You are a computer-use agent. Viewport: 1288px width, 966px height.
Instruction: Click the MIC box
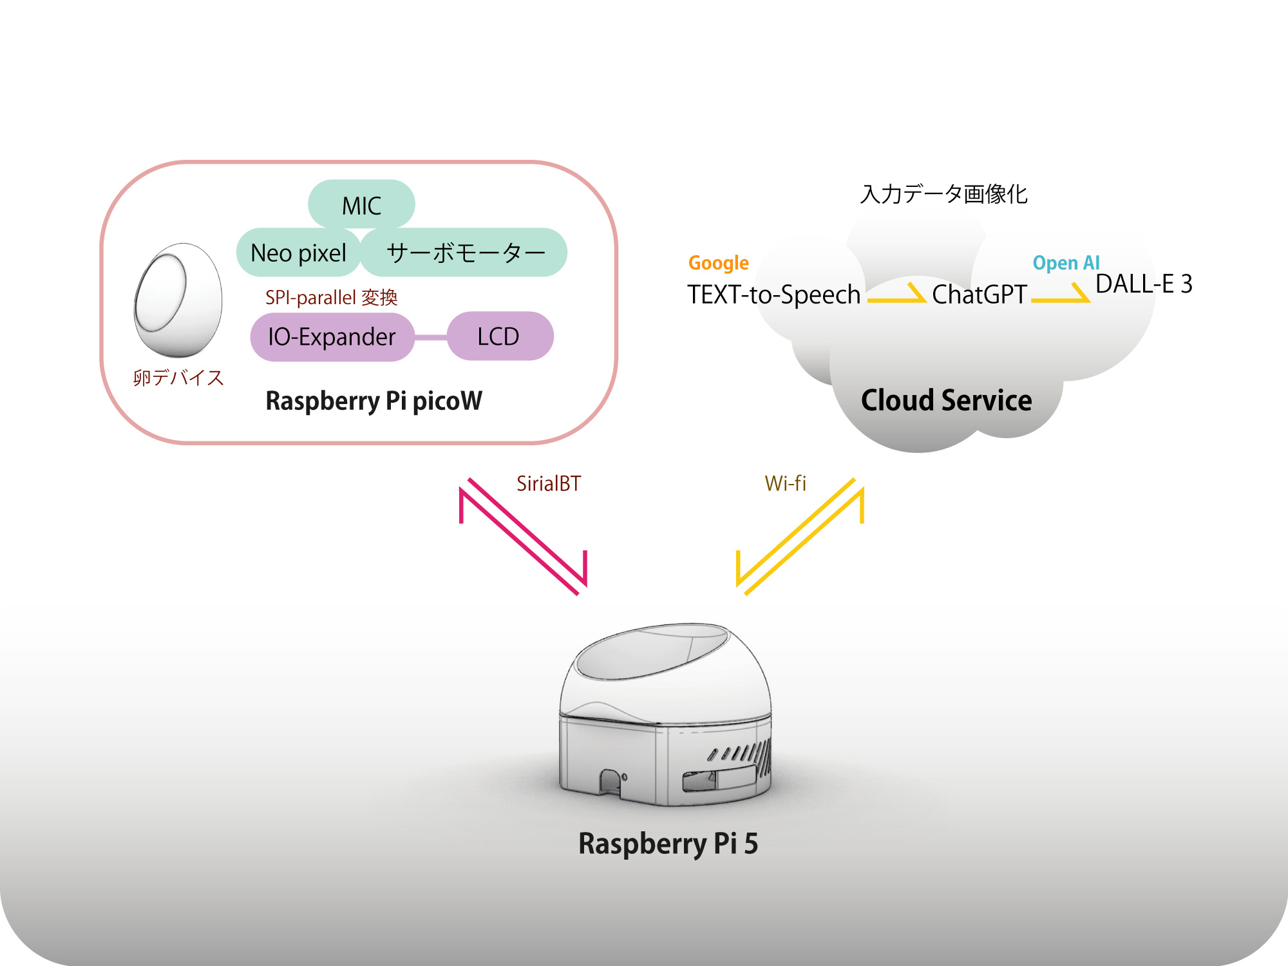(361, 205)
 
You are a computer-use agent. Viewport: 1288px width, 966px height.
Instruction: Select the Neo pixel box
(298, 253)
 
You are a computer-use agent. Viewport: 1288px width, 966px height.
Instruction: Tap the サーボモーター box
(465, 253)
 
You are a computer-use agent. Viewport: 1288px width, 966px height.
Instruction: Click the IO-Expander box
(332, 337)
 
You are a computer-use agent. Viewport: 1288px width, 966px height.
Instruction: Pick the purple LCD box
(499, 336)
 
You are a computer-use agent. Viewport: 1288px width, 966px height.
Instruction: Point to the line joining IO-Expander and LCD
(430, 337)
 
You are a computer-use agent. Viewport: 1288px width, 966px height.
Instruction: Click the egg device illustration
(177, 300)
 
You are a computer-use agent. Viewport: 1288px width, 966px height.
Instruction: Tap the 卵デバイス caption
(178, 378)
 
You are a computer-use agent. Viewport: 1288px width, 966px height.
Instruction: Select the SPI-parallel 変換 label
(331, 298)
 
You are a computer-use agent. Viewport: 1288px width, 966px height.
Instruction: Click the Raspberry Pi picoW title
(374, 401)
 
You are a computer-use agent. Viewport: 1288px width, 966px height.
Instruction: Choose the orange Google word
(718, 263)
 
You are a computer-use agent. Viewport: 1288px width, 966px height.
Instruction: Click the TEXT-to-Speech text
(773, 295)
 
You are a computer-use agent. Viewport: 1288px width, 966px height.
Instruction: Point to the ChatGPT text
(979, 295)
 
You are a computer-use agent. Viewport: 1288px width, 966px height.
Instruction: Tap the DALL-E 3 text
(1144, 284)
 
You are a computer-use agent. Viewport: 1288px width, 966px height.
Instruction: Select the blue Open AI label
(1066, 263)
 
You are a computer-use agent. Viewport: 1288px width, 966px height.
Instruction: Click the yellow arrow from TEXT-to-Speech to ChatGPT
(896, 295)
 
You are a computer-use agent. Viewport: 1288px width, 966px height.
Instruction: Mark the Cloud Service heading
(946, 400)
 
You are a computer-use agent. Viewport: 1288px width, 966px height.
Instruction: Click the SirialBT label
(549, 483)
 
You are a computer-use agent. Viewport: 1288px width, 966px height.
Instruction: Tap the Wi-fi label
(785, 483)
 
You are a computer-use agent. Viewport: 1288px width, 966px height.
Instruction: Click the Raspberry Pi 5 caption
(668, 844)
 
